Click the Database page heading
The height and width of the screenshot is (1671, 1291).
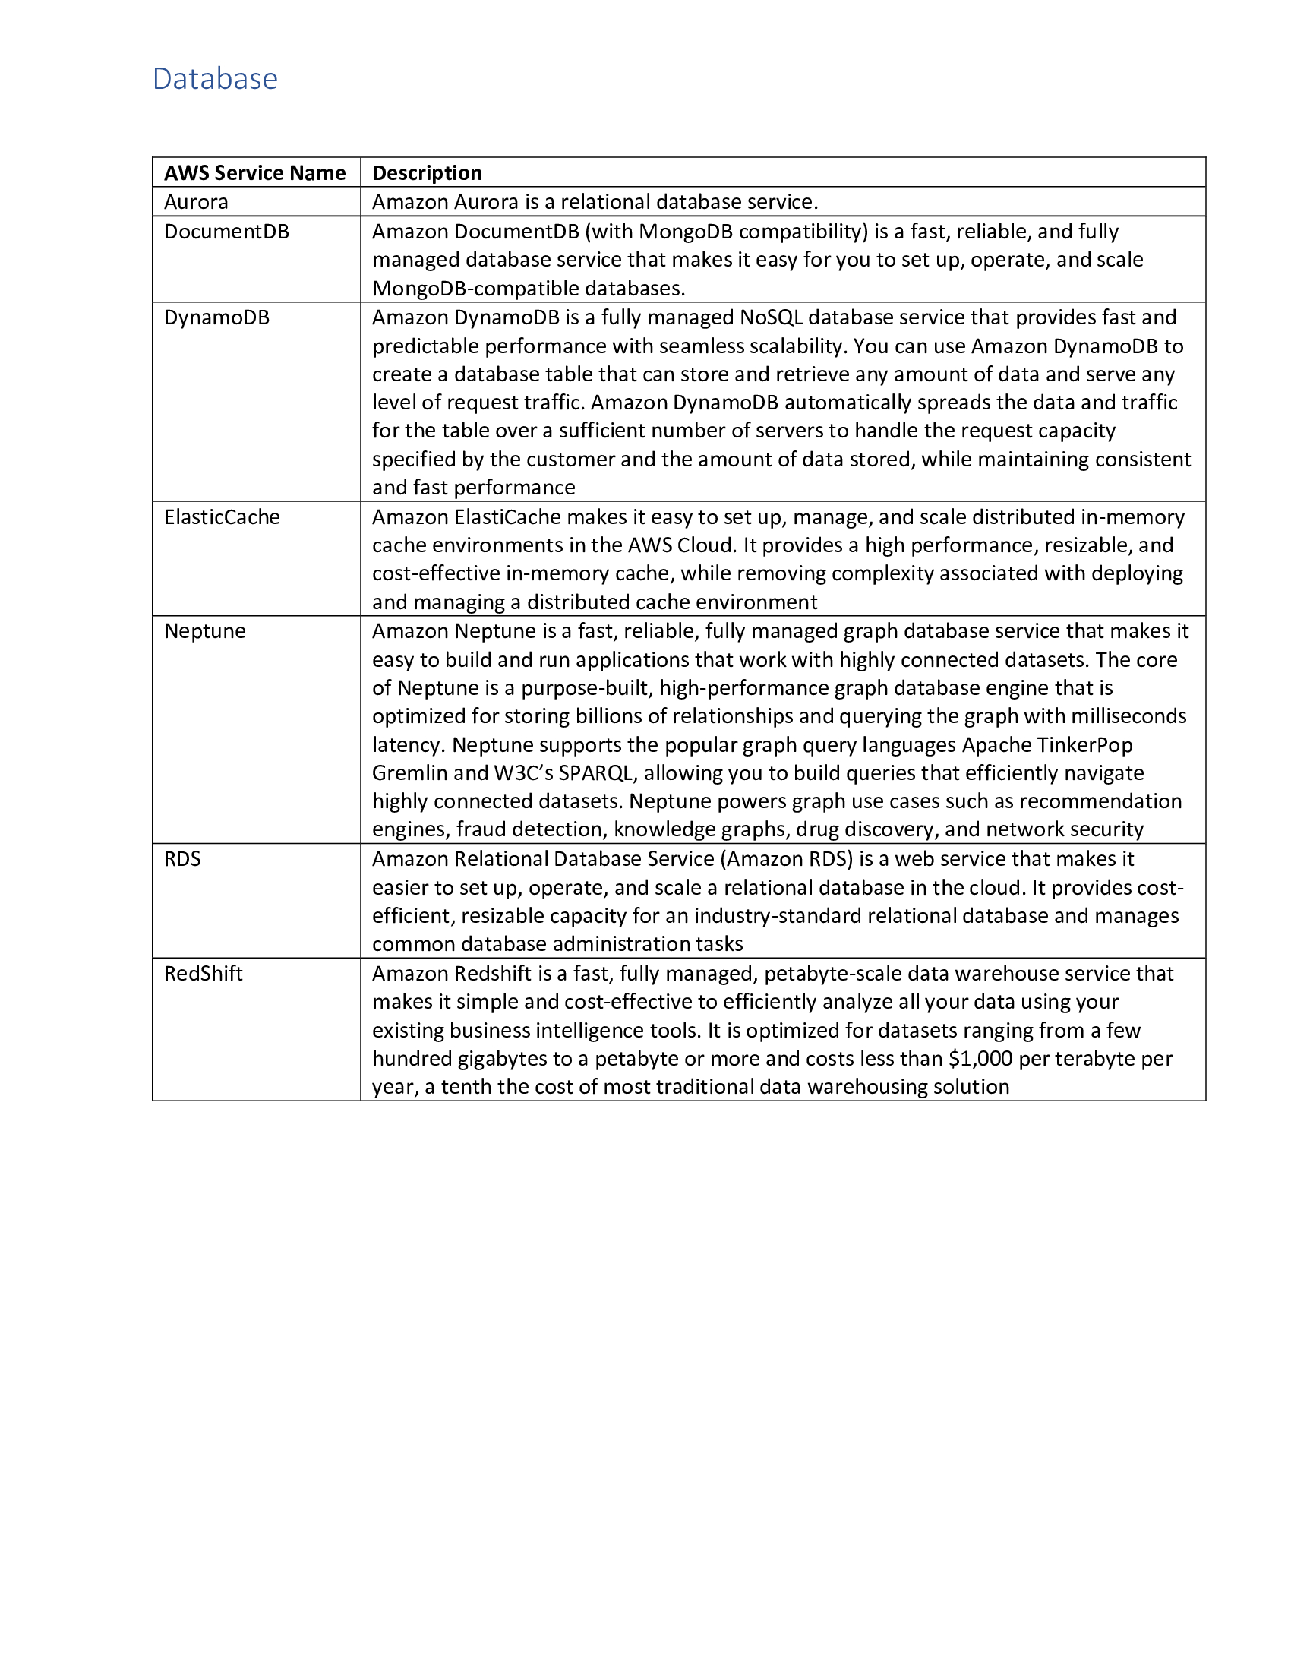[215, 79]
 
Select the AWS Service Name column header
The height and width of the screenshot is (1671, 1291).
[254, 173]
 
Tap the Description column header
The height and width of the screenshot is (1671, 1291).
[427, 173]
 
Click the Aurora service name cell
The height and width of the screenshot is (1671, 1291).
[196, 202]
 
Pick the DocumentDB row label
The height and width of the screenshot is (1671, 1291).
[226, 232]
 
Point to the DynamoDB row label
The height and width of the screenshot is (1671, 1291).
[216, 317]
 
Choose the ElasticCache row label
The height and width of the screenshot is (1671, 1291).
[222, 517]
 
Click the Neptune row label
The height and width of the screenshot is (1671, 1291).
[205, 631]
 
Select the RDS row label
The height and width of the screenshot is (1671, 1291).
[182, 859]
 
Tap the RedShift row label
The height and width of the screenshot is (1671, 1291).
[203, 974]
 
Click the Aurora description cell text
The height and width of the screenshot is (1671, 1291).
[595, 202]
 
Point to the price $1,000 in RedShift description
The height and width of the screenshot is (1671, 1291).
[980, 1059]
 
